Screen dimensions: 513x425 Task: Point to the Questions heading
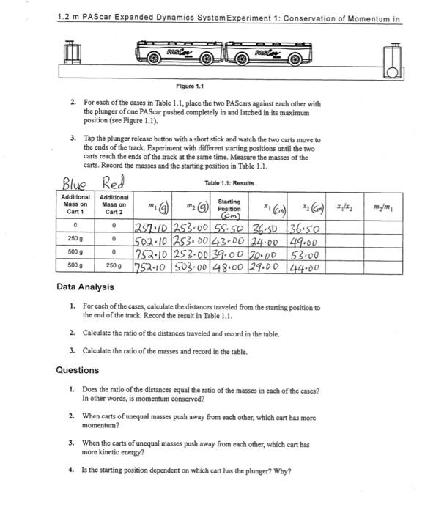click(78, 370)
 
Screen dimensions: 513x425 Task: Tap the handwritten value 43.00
click(229, 240)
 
